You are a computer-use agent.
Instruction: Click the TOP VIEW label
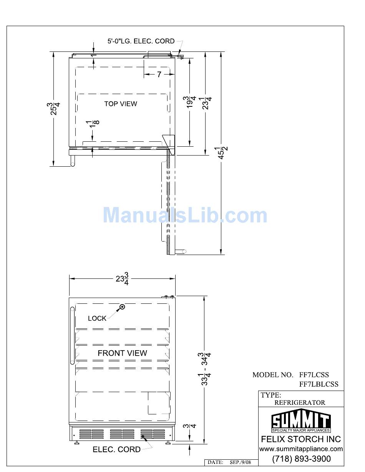point(121,104)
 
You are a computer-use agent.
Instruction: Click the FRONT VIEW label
point(122,353)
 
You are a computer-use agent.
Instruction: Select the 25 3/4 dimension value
point(53,109)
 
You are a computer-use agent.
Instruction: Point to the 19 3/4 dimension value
point(189,102)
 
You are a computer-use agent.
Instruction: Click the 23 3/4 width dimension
point(122,279)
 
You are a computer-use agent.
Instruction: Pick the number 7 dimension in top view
point(159,75)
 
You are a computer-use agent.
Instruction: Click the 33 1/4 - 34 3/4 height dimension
point(204,369)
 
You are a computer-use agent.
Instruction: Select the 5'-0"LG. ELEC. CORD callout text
point(141,41)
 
